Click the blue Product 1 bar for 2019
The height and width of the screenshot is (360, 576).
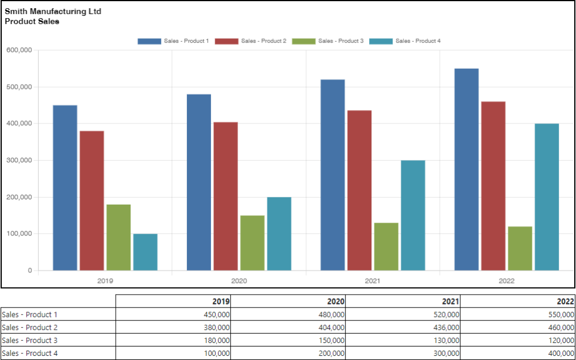tap(65, 188)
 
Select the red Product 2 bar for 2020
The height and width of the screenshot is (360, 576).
tap(226, 196)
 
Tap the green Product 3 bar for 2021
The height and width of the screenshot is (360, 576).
tap(386, 247)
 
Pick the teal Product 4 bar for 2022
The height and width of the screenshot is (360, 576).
tap(547, 197)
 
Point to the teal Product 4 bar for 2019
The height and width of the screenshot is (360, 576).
tap(145, 252)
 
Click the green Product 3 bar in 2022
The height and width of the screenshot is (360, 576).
tap(520, 249)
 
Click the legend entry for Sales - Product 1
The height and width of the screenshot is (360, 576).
tap(173, 41)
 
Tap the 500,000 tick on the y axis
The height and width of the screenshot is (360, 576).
tap(19, 87)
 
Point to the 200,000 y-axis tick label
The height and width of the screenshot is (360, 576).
tap(19, 197)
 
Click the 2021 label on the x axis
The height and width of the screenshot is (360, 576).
tap(373, 281)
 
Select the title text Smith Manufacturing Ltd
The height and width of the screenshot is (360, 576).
tap(53, 11)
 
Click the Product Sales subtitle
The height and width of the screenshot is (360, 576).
tap(32, 21)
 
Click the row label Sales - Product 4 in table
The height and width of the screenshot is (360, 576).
tap(30, 353)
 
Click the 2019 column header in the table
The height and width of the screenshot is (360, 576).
tap(222, 301)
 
